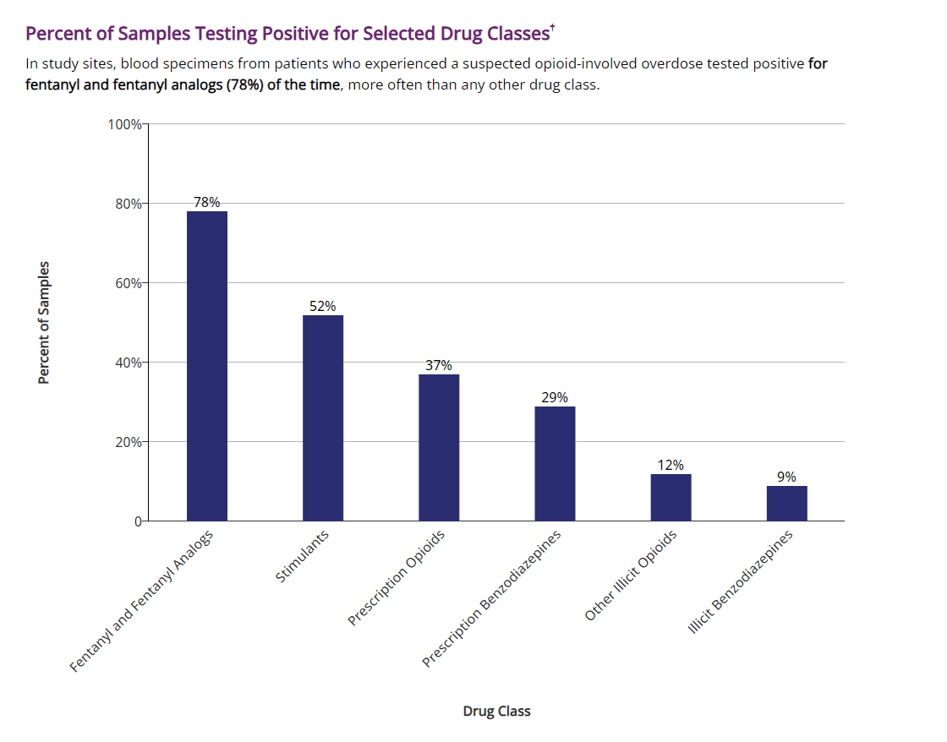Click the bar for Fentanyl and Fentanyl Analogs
[206, 366]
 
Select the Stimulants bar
[323, 417]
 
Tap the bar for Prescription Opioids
[439, 447]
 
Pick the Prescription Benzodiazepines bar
[555, 463]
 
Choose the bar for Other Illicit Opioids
[671, 497]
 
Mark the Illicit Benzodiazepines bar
[786, 503]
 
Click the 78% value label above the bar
[206, 202]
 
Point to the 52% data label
[322, 306]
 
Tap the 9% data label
[786, 477]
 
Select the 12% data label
[671, 465]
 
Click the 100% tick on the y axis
[124, 124]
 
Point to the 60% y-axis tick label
[128, 283]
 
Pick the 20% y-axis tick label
[128, 442]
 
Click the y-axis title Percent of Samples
[44, 323]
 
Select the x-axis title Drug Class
[496, 711]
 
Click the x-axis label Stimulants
[303, 557]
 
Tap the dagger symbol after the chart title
[552, 28]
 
